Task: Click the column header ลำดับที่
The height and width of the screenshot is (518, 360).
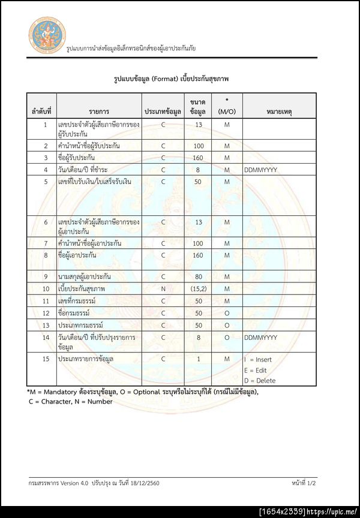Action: tap(41, 112)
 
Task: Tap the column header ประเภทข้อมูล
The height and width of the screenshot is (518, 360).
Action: tap(163, 112)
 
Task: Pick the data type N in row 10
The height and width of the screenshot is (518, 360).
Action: tap(163, 288)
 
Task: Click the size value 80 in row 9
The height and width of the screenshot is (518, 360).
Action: tap(198, 276)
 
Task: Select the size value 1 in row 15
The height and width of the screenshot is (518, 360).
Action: tap(198, 359)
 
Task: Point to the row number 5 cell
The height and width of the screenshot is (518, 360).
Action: tap(45, 181)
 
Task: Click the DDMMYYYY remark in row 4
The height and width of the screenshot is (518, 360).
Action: tap(260, 170)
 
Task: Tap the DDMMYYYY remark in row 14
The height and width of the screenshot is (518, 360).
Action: tap(260, 338)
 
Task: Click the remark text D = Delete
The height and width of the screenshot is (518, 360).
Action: tap(259, 380)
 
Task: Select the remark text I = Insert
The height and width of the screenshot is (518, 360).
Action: tap(258, 359)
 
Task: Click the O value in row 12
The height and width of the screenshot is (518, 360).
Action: tap(227, 313)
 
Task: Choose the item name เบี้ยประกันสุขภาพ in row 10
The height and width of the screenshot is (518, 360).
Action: tap(82, 288)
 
